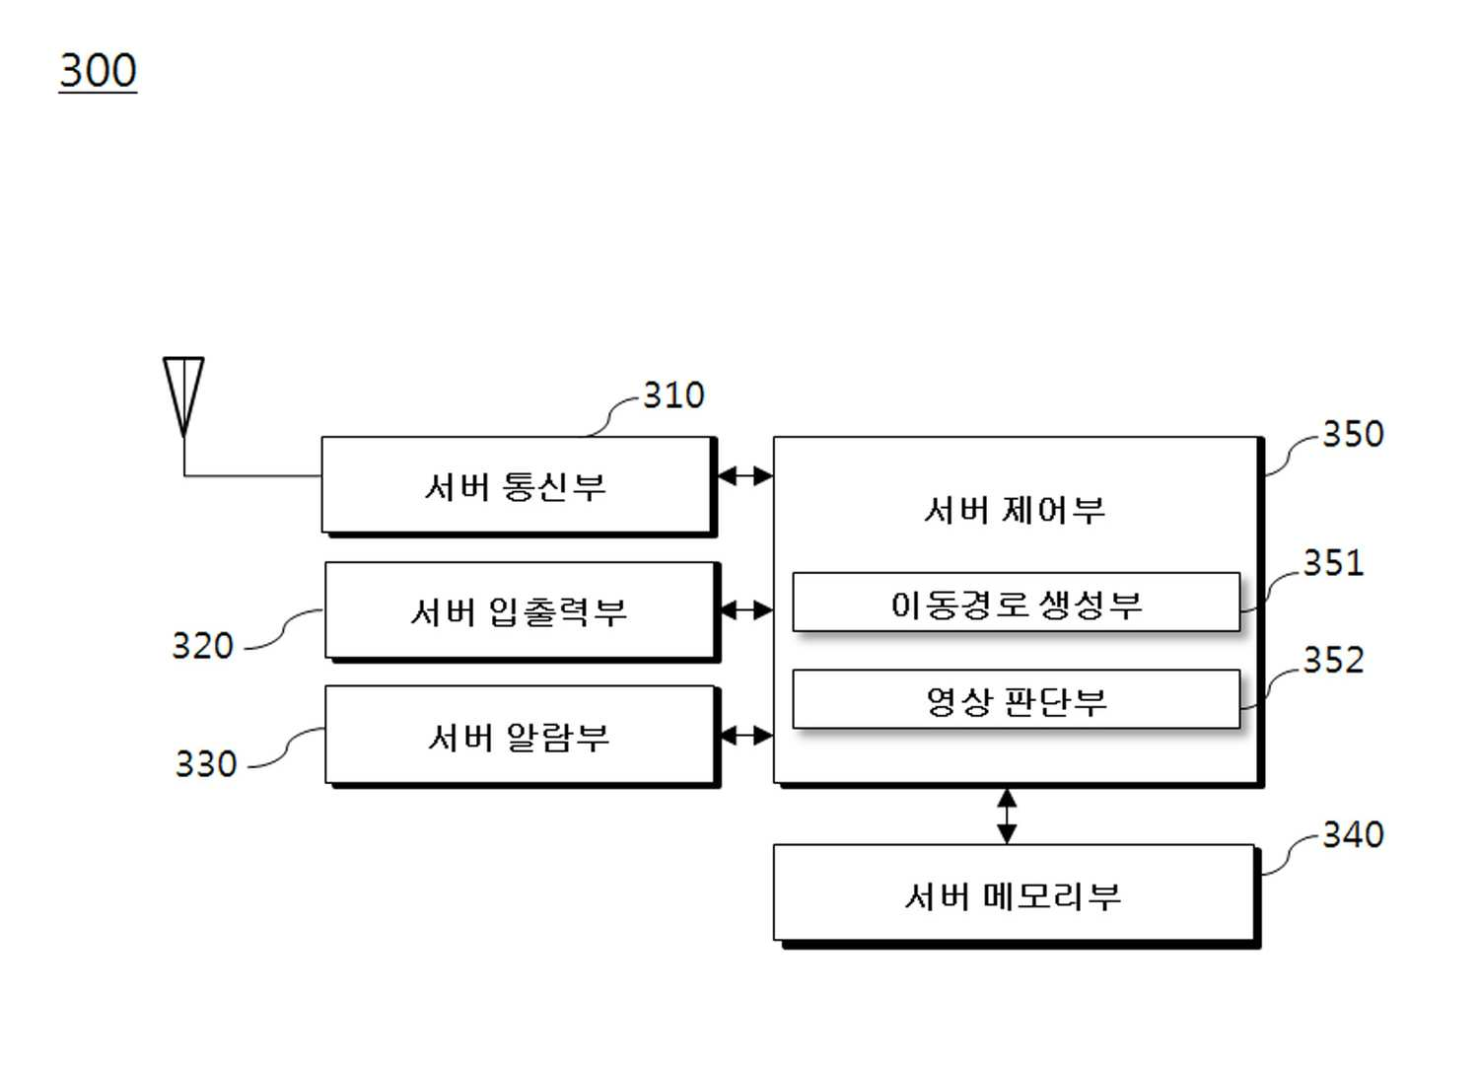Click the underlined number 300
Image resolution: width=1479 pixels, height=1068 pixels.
98,70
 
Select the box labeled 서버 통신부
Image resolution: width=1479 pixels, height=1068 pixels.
519,486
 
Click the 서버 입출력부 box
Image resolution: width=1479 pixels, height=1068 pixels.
522,611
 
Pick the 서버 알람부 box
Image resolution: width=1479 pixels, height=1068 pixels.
522,737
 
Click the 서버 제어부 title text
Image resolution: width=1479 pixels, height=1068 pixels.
1015,510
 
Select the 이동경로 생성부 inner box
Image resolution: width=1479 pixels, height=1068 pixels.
1017,603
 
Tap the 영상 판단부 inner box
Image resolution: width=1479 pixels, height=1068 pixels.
1017,700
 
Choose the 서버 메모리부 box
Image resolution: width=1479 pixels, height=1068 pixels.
1017,896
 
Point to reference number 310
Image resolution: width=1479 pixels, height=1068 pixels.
673,395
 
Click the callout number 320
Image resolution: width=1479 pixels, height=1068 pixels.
203,645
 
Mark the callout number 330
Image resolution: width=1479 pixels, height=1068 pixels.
206,763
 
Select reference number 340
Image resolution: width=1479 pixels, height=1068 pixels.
1353,834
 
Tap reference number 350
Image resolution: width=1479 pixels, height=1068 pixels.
1353,434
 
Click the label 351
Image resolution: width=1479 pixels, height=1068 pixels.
1333,563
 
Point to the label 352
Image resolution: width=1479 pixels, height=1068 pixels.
1333,659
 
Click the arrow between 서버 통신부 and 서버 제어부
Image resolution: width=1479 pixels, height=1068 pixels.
745,475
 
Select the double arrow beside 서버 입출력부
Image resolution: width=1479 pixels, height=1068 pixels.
746,610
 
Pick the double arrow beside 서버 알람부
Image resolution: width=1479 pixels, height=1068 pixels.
746,735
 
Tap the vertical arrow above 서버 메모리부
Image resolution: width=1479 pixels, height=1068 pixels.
1007,817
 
